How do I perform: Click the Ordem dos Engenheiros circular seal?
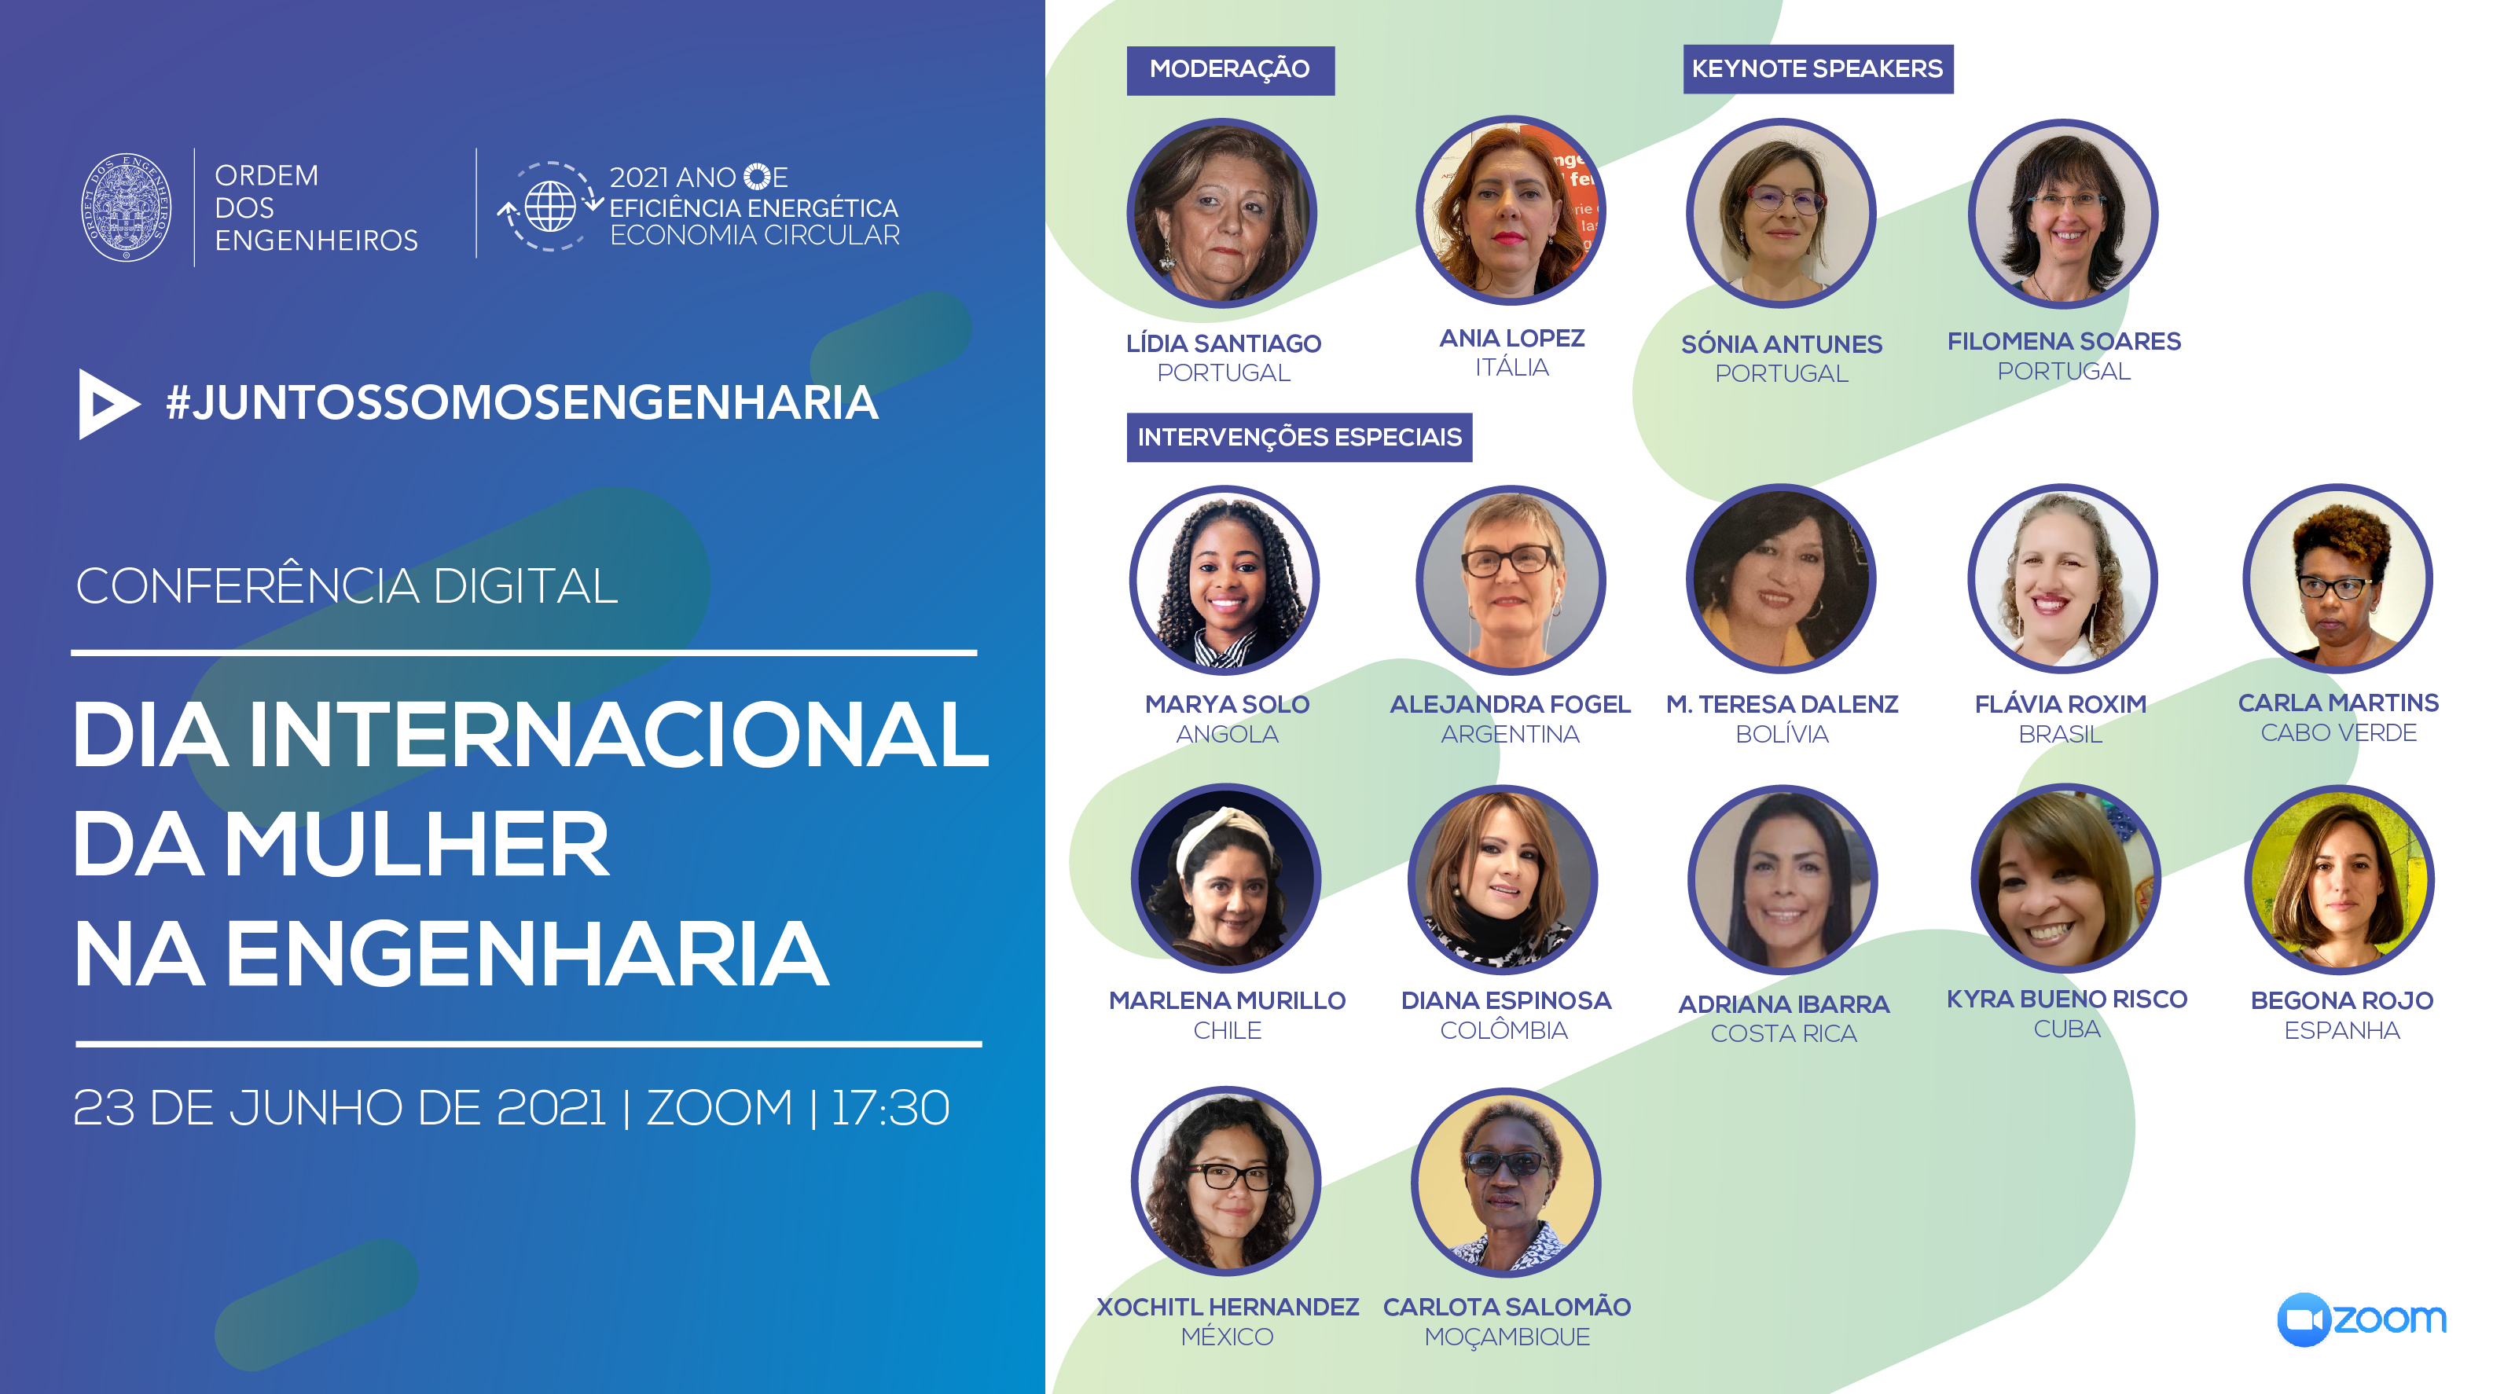126,207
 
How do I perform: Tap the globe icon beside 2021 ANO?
549,206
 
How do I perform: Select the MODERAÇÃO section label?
1229,70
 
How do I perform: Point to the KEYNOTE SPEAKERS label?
1818,68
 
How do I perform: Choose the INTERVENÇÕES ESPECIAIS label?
1298,437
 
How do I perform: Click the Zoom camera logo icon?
2304,1319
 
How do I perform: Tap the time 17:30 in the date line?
890,1108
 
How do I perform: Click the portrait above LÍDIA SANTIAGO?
1222,213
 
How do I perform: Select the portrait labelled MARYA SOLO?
1224,579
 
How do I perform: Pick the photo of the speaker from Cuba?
2066,879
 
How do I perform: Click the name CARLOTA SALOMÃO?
1507,1307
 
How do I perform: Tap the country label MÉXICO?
1227,1336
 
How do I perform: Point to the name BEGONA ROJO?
2342,1000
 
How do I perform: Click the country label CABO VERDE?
2339,732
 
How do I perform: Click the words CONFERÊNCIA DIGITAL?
347,585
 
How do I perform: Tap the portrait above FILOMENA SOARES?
2063,213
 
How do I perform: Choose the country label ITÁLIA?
1511,367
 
